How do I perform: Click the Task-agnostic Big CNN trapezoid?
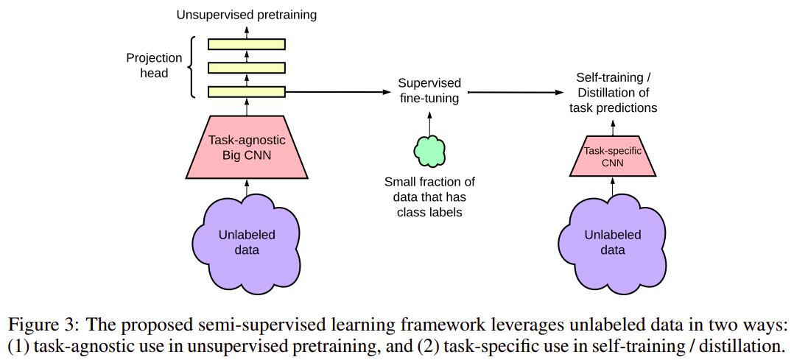(x=247, y=148)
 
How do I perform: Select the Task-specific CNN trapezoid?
(x=613, y=157)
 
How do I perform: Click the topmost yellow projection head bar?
(x=247, y=44)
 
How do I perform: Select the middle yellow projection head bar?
(x=247, y=68)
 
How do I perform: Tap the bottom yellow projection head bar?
(x=247, y=92)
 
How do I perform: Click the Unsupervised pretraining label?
(x=246, y=14)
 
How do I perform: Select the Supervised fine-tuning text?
(x=429, y=90)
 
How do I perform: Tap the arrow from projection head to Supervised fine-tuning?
(x=335, y=92)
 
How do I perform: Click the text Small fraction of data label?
(x=429, y=197)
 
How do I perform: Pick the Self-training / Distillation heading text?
(x=613, y=93)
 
